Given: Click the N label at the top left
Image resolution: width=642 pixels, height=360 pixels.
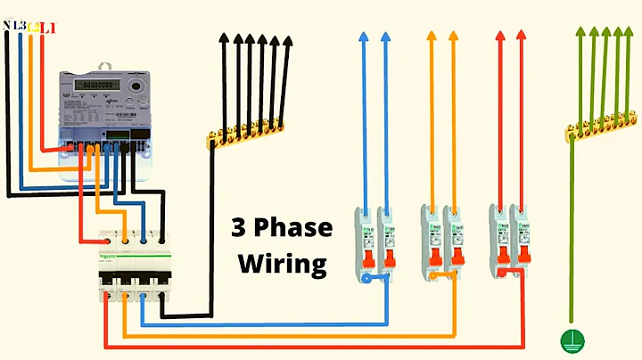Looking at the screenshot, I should click(7, 27).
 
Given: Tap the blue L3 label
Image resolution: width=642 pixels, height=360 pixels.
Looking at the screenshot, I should click(19, 27).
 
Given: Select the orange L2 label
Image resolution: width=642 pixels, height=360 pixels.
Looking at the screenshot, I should click(33, 28).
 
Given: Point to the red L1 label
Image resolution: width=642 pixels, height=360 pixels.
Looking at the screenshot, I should click(47, 28).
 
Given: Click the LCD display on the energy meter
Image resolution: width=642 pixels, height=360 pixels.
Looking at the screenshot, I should click(95, 85).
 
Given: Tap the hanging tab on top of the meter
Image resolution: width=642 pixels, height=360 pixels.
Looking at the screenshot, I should click(104, 65).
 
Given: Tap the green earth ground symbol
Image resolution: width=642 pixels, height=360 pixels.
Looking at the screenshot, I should click(567, 339).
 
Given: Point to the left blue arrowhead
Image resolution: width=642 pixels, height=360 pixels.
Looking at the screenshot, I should click(364, 37).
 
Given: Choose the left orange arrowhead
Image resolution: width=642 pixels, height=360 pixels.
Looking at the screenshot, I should click(432, 37).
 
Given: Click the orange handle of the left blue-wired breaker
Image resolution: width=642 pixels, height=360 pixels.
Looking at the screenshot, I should click(366, 260).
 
